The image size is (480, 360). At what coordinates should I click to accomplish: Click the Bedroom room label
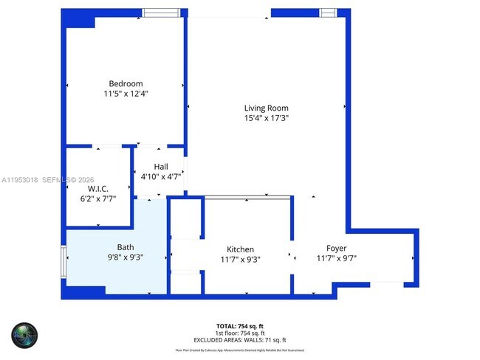(x=126, y=83)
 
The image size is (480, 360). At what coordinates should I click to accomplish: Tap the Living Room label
(x=266, y=108)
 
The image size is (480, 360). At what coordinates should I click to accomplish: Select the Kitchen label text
(x=241, y=249)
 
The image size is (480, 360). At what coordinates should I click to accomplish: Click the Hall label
(x=162, y=167)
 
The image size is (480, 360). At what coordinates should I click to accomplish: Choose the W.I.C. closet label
(x=97, y=190)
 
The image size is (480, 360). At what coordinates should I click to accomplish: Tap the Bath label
(x=126, y=248)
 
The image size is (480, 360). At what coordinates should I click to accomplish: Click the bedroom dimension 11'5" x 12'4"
(x=126, y=94)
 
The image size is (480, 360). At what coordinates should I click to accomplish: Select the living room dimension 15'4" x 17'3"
(x=266, y=118)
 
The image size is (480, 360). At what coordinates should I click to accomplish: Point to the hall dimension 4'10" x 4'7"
(x=162, y=177)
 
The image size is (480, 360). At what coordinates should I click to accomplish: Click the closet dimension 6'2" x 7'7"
(x=97, y=199)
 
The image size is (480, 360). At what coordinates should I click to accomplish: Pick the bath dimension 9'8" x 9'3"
(x=126, y=258)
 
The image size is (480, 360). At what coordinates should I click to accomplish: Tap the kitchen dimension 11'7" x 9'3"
(x=241, y=260)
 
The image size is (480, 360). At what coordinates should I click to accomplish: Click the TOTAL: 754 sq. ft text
(x=240, y=325)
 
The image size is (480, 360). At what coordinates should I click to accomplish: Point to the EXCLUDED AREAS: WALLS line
(x=240, y=339)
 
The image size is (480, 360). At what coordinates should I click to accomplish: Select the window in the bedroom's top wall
(x=160, y=13)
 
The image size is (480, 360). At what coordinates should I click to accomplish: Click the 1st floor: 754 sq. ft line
(x=240, y=333)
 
